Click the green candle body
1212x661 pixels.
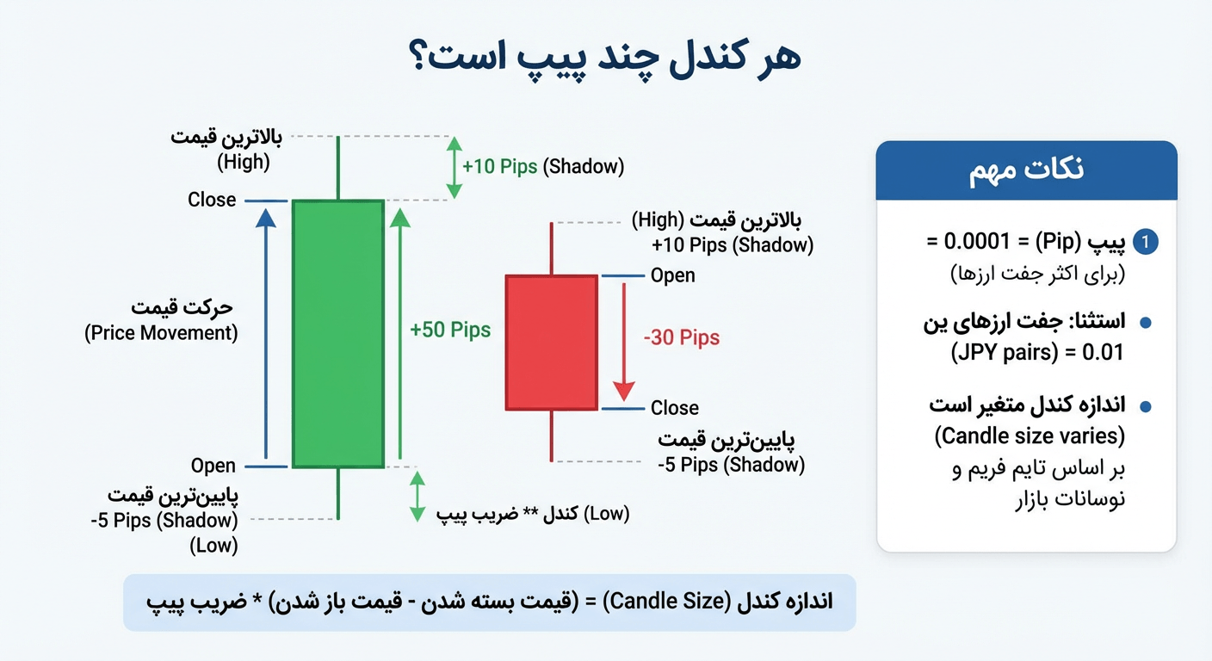pyautogui.click(x=337, y=334)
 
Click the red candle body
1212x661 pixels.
pyautogui.click(x=551, y=343)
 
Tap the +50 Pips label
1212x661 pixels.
pyautogui.click(x=450, y=330)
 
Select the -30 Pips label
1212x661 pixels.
pyautogui.click(x=681, y=337)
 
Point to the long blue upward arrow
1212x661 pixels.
pyautogui.click(x=266, y=336)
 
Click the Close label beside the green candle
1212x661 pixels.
pyautogui.click(x=212, y=200)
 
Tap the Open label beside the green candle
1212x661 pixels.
pyautogui.click(x=213, y=466)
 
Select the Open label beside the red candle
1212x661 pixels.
pyautogui.click(x=673, y=275)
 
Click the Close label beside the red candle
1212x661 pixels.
pyautogui.click(x=675, y=408)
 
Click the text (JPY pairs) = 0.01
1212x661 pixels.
pyautogui.click(x=1037, y=353)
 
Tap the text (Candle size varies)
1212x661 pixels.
pyautogui.click(x=1030, y=436)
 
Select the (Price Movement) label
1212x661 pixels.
pyautogui.click(x=161, y=333)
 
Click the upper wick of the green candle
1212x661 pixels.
pyautogui.click(x=337, y=168)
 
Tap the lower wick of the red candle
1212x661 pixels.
pyautogui.click(x=551, y=436)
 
